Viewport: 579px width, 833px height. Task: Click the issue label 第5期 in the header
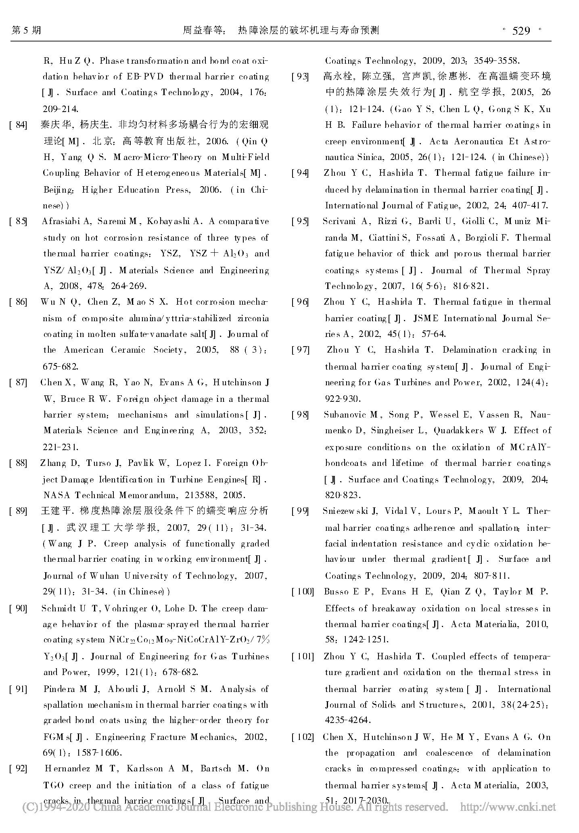tap(27, 30)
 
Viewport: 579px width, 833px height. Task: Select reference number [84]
tap(18, 125)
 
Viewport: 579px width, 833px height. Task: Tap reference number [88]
tap(18, 463)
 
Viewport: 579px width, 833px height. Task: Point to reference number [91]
tap(18, 689)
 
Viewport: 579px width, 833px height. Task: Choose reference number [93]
tap(301, 77)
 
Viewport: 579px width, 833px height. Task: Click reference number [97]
tap(301, 350)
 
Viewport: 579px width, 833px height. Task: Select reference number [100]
tap(303, 592)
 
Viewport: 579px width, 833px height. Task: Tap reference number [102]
tap(303, 737)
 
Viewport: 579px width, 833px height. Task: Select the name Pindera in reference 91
tap(59, 689)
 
